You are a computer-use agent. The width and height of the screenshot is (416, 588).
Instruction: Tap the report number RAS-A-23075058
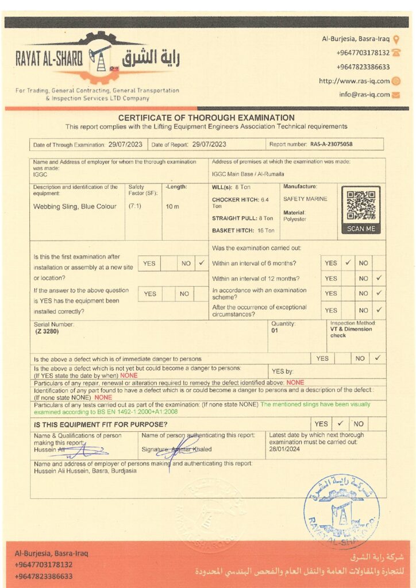pyautogui.click(x=332, y=145)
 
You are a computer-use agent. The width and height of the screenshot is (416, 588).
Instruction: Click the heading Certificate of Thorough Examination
pyautogui.click(x=206, y=118)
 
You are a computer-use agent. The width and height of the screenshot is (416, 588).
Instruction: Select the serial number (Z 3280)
pyautogui.click(x=47, y=331)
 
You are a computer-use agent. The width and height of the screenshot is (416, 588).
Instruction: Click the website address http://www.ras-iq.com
pyautogui.click(x=354, y=81)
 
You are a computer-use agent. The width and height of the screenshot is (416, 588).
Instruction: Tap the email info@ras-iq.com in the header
pyautogui.click(x=364, y=94)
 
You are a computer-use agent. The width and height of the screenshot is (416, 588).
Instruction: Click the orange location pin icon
pyautogui.click(x=396, y=39)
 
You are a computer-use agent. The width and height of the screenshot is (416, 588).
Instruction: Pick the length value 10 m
pyautogui.click(x=172, y=206)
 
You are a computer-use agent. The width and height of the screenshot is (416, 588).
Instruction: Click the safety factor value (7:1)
pyautogui.click(x=135, y=206)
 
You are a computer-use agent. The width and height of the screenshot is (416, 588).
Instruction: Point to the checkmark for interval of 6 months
pyautogui.click(x=348, y=263)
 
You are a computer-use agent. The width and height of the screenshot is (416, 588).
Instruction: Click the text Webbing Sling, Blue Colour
pyautogui.click(x=75, y=207)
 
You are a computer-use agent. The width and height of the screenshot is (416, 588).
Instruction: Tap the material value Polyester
pyautogui.click(x=295, y=219)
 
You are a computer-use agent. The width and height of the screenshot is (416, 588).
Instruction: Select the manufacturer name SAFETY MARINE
pyautogui.click(x=305, y=199)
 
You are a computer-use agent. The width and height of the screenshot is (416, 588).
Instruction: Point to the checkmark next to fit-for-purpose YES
pyautogui.click(x=340, y=424)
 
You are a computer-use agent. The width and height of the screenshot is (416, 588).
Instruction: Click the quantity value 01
pyautogui.click(x=275, y=331)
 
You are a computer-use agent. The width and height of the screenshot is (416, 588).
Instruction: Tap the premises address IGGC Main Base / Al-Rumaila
pyautogui.click(x=248, y=174)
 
